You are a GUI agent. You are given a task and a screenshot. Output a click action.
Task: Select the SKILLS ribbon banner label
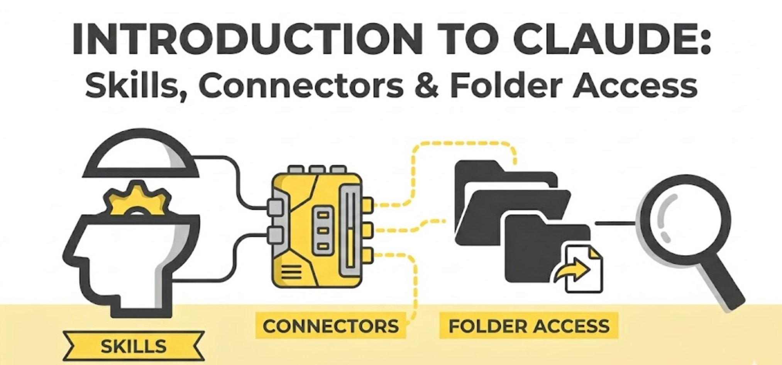tap(134, 346)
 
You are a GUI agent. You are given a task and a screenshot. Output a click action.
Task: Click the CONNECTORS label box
tap(330, 326)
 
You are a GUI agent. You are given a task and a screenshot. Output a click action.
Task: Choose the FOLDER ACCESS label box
tap(529, 326)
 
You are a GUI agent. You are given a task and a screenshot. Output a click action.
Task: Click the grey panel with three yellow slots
tap(323, 231)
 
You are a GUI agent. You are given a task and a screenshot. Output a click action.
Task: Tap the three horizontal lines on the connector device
tap(292, 272)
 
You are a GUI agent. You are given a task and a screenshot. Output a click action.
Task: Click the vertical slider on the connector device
tap(350, 232)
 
